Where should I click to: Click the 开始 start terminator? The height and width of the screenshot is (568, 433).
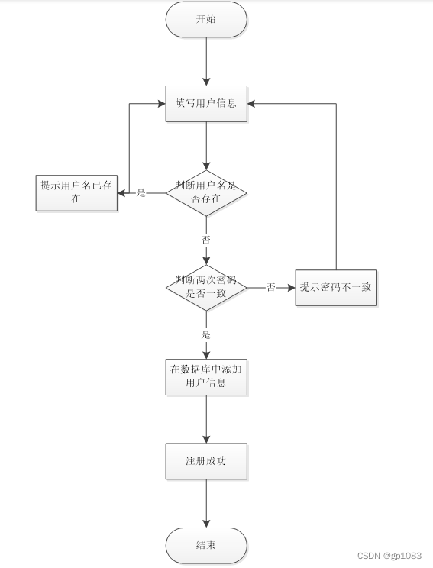(206, 19)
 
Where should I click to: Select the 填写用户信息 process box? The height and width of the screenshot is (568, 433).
(206, 104)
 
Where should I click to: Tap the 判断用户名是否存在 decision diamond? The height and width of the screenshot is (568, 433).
(206, 192)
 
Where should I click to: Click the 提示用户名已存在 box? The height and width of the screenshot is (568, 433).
(76, 192)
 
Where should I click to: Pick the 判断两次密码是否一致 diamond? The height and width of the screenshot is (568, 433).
(206, 287)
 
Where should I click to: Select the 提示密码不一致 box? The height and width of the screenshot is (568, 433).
(336, 287)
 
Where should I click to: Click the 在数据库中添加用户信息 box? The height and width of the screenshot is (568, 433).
(206, 376)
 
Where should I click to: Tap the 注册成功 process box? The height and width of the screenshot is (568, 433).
(206, 461)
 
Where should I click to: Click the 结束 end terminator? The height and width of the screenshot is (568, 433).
(206, 546)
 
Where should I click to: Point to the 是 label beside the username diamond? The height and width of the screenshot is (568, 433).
(141, 193)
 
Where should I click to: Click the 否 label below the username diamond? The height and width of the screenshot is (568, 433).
(206, 240)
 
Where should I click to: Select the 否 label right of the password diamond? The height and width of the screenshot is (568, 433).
(271, 287)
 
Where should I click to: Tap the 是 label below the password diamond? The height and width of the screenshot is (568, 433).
(206, 334)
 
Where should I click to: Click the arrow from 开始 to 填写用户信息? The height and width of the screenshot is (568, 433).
(206, 61)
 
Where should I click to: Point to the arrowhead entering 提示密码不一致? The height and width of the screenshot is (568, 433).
(291, 287)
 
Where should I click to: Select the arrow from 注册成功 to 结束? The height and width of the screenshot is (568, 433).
(206, 504)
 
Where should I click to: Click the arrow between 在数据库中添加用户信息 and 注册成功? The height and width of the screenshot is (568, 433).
(206, 419)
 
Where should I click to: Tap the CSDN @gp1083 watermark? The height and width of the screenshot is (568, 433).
(389, 556)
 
